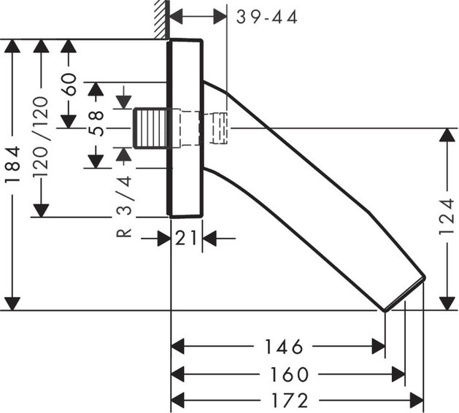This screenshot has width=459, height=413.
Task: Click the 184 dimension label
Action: point(12,174)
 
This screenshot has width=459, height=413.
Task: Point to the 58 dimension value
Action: point(96,123)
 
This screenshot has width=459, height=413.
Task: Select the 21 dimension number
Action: point(186,237)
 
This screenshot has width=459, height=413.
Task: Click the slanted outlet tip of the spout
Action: point(404,294)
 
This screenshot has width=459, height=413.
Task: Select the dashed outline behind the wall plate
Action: point(212,128)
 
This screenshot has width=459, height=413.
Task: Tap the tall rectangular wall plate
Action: point(185,128)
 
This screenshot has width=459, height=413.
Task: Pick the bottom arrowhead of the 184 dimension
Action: point(12,303)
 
